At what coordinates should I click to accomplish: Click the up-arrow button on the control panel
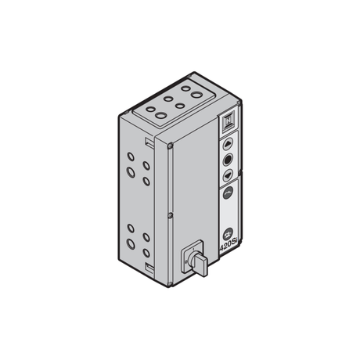point(228,144)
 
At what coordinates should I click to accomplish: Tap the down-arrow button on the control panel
point(228,175)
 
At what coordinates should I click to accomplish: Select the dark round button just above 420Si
point(229,234)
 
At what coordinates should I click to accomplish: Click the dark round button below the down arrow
point(228,193)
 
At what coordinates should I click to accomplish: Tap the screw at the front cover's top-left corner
point(170,146)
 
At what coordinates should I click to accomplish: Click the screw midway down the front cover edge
point(170,215)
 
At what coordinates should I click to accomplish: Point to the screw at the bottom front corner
point(170,283)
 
